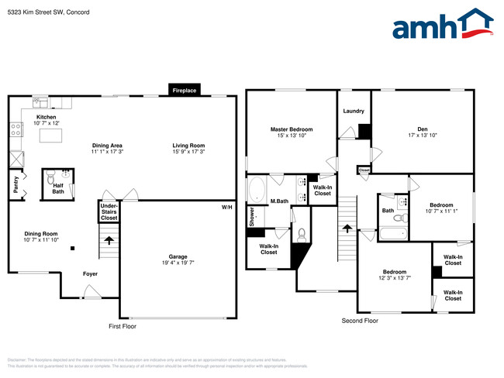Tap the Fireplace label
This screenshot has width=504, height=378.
[x=185, y=91]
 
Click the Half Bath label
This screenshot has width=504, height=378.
[x=57, y=188]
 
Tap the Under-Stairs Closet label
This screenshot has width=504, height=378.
[x=109, y=211]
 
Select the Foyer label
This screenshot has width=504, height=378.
[x=90, y=273]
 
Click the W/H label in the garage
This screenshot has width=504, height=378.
[x=226, y=208]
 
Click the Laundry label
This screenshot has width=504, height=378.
[x=354, y=111]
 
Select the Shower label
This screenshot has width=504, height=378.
[x=252, y=216]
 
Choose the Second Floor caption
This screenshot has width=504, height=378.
[x=360, y=321]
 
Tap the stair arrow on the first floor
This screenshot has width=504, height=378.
[x=109, y=240]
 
